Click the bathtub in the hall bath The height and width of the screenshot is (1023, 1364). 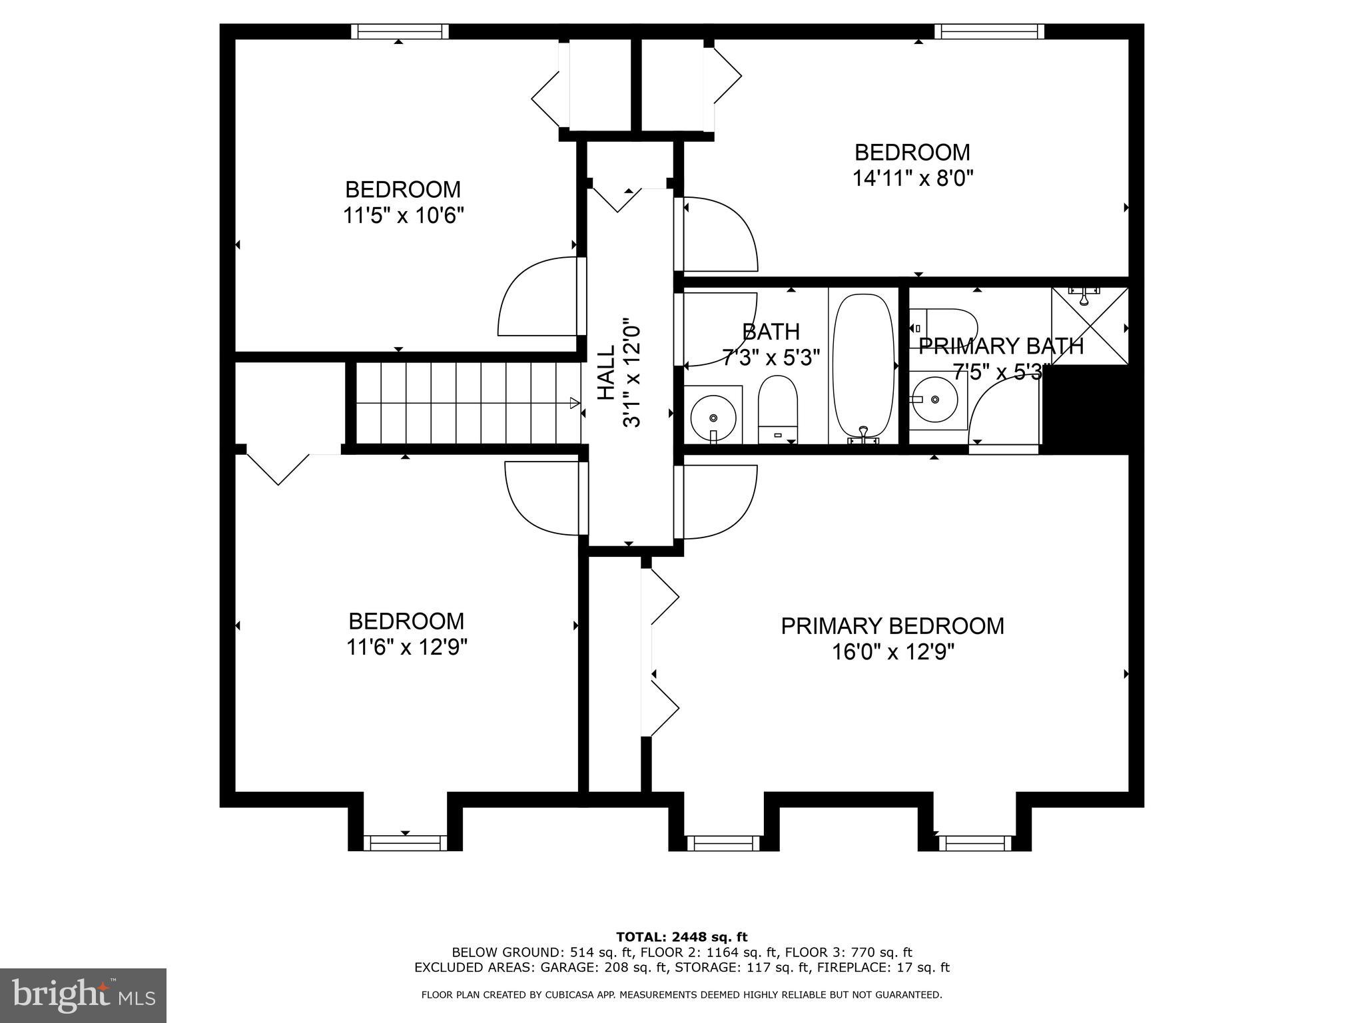[x=863, y=366]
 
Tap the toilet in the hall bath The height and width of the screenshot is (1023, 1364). [x=777, y=406]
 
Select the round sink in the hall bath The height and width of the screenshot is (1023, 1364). [x=713, y=417]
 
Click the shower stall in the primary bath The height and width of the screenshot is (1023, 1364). [x=1090, y=326]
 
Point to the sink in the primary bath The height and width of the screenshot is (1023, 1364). [x=935, y=400]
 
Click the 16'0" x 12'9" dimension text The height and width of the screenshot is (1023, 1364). [x=892, y=651]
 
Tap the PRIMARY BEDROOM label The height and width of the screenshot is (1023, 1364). [x=892, y=626]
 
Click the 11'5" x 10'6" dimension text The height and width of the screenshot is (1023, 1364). [x=403, y=216]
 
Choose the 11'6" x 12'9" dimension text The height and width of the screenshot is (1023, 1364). [x=406, y=647]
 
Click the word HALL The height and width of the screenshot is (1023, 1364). [x=605, y=373]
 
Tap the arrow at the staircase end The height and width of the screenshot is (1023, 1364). [x=574, y=402]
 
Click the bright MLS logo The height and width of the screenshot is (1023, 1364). [x=83, y=995]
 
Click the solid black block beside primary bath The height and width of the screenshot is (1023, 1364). [x=1084, y=410]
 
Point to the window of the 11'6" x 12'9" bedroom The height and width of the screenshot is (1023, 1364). [x=405, y=843]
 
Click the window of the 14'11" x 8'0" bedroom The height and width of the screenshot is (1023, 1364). [x=989, y=31]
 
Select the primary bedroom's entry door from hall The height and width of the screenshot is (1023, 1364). [x=716, y=502]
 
